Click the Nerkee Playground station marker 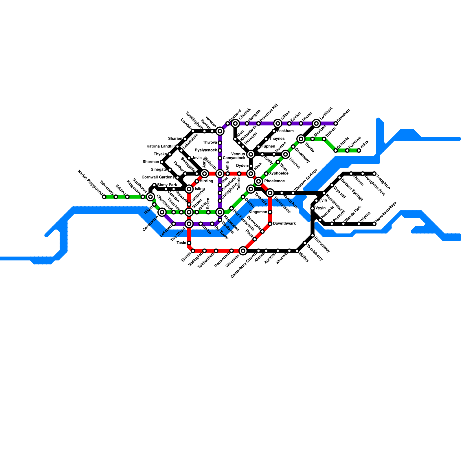coord(104,197)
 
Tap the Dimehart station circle coord(336,124)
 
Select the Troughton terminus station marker coord(374,174)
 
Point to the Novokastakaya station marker coord(374,224)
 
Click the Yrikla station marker coord(359,150)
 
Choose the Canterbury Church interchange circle coord(243,251)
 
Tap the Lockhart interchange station coord(316,124)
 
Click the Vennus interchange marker coord(251,154)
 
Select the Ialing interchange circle coord(189,189)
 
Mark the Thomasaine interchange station coord(270,193)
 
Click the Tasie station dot coord(189,243)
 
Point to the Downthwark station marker coord(270,224)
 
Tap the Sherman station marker coord(162,162)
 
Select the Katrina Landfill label coord(160,146)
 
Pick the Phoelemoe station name coord(274,181)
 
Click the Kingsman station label coord(258,212)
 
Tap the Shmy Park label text coord(167,185)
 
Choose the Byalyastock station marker coord(220,150)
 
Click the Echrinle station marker coord(336,150)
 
